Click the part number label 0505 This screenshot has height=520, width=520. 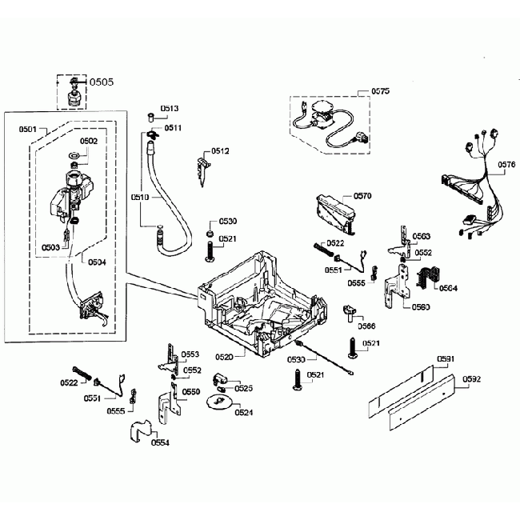[x=102, y=81]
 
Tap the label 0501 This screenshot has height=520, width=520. [x=28, y=128]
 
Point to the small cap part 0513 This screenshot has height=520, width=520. [x=150, y=117]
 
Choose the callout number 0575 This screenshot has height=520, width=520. [x=380, y=93]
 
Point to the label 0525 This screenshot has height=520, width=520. [x=244, y=388]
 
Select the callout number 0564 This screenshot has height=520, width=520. [x=447, y=288]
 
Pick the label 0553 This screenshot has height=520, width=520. [x=190, y=354]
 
